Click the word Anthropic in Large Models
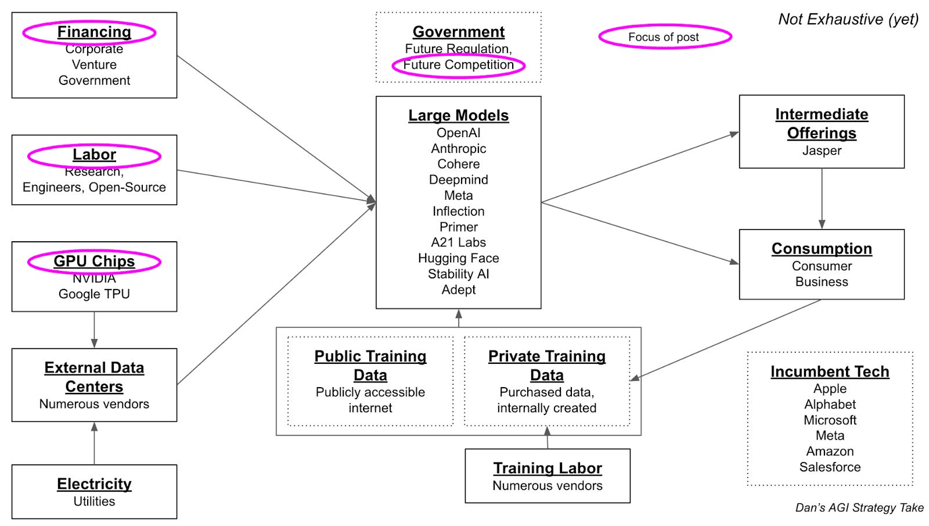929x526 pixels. (458, 148)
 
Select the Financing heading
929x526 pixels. (94, 32)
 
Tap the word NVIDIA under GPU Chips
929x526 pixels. (94, 279)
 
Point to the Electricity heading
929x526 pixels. (94, 484)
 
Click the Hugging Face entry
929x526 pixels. (458, 258)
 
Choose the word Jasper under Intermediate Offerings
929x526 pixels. (822, 151)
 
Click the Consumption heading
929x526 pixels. (822, 249)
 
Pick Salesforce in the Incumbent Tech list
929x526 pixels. (830, 467)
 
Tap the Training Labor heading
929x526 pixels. (548, 468)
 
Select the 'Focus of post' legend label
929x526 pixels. (664, 37)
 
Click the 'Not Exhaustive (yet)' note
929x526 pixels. (848, 19)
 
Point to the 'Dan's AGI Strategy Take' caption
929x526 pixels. (859, 507)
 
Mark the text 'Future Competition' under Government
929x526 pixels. (458, 65)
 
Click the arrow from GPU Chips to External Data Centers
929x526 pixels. (94, 330)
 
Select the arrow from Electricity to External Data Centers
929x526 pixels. (94, 443)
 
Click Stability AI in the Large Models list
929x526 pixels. (458, 274)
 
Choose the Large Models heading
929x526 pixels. (458, 116)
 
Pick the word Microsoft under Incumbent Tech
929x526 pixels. (830, 420)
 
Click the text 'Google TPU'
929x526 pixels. (94, 294)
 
